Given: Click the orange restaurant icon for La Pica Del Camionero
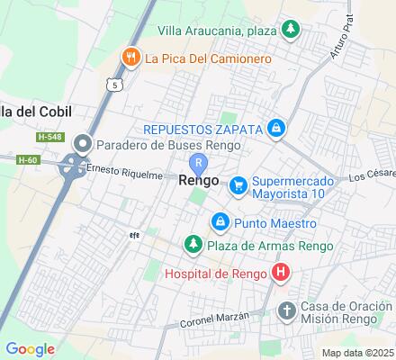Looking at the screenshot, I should (131, 59).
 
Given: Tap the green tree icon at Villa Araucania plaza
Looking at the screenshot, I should (290, 31).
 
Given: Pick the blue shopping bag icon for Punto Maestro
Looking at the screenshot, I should (219, 221).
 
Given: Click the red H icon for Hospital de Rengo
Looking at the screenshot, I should (281, 272).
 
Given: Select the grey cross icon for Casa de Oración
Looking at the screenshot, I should (286, 311).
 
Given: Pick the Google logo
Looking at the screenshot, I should (30, 349).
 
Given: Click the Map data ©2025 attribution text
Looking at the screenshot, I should (358, 352).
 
